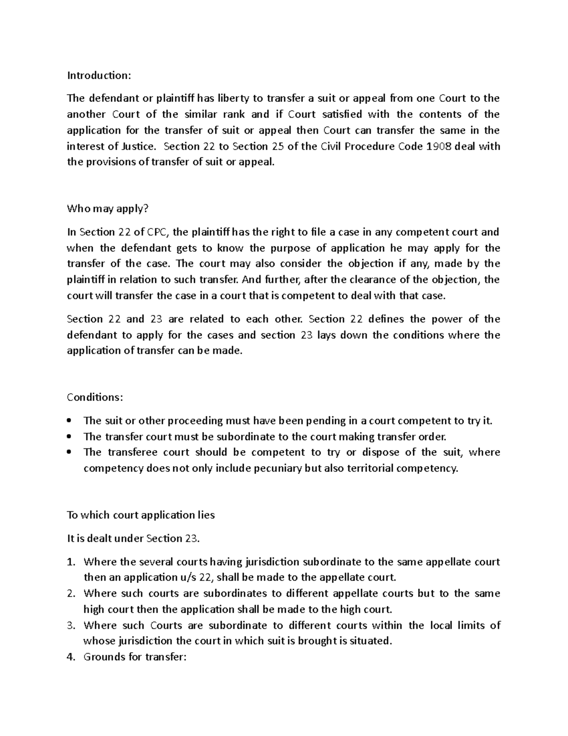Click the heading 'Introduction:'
pos(98,75)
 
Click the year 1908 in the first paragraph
pos(439,146)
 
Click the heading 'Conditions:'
pos(95,397)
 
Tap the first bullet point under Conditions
pos(69,420)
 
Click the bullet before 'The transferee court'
pos(69,452)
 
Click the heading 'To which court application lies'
pos(141,515)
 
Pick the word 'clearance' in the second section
pos(373,280)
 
